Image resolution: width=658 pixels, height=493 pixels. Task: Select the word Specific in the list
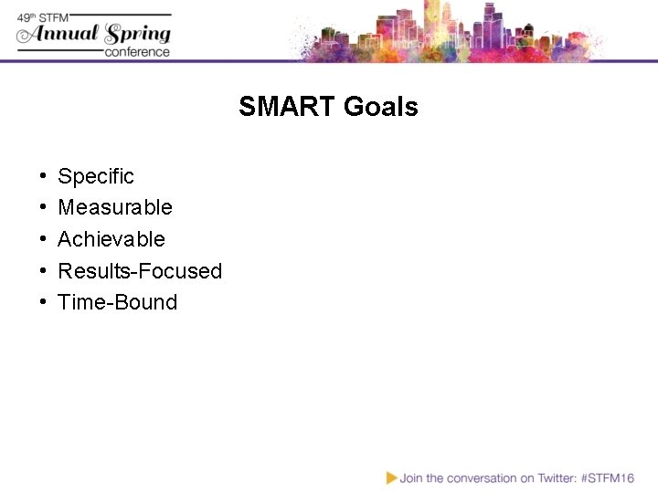point(95,176)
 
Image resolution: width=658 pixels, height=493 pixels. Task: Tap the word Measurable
point(114,207)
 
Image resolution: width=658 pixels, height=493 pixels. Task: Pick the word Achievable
point(111,239)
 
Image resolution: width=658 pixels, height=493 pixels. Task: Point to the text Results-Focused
point(140,271)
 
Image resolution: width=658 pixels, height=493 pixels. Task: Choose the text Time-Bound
point(117,302)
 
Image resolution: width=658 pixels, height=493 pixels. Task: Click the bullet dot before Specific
point(44,176)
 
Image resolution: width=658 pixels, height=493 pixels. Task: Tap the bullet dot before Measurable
point(44,208)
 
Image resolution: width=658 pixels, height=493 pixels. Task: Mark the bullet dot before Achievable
point(44,240)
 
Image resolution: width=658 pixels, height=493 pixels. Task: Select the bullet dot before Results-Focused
point(44,271)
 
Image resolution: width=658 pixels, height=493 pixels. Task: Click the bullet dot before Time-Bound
point(44,303)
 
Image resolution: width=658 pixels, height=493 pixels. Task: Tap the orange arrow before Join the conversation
point(391,477)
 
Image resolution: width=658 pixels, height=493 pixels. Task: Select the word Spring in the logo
point(138,35)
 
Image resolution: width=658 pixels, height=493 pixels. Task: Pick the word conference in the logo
point(137,52)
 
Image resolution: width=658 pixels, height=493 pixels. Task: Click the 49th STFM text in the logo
point(45,17)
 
